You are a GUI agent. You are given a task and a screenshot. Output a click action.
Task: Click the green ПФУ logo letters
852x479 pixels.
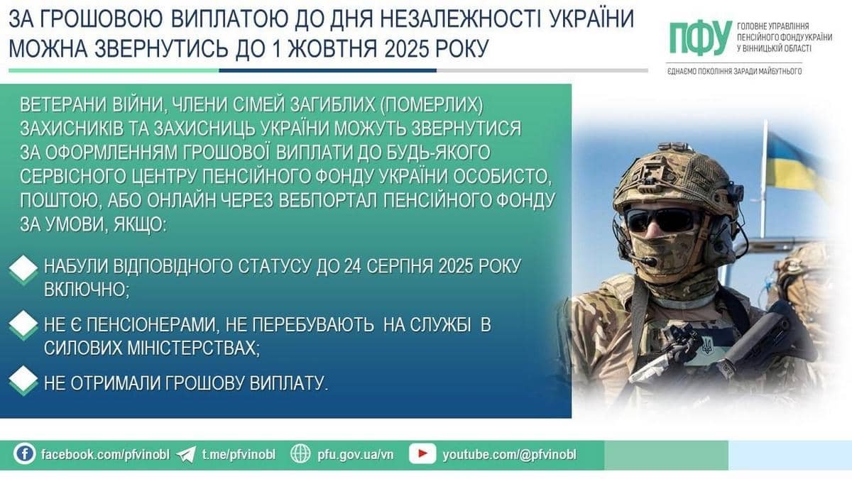coord(701,38)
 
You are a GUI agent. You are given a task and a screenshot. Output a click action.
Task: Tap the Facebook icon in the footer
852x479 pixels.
coord(25,454)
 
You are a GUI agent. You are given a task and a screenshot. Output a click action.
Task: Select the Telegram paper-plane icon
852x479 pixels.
coord(186,455)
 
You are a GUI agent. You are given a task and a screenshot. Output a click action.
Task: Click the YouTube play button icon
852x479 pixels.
coord(422,454)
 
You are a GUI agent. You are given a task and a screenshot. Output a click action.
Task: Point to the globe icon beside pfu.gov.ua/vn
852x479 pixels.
coord(300,454)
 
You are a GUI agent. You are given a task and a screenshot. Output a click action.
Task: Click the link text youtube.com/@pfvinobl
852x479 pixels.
coord(509,455)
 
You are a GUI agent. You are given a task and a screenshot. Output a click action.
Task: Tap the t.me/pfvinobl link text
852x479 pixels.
coord(239,454)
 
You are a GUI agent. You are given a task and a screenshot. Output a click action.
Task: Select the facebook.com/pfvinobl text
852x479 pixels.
coord(105,454)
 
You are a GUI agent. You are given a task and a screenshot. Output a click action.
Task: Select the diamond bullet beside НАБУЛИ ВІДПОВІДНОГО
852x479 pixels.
coord(23,270)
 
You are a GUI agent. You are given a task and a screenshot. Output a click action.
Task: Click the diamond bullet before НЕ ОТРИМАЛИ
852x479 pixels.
coord(23,380)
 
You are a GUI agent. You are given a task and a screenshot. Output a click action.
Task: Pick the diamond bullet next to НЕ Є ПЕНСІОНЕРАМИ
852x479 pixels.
coord(23,325)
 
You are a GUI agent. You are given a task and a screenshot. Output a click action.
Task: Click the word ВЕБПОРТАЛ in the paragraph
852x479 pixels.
coord(328,200)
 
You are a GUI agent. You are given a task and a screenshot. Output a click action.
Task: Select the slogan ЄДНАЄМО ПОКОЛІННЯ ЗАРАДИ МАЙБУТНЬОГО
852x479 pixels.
coord(734,72)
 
